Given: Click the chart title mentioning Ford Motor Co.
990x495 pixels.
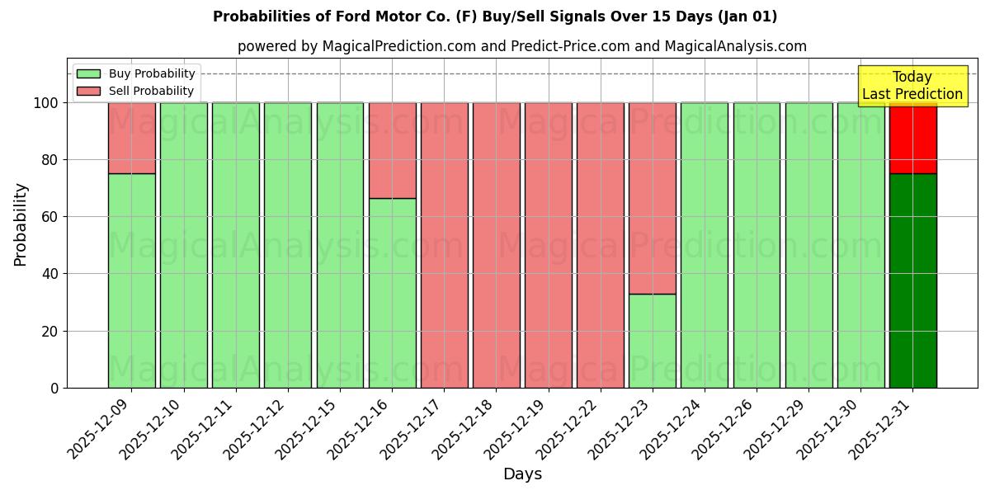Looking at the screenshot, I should click(x=495, y=16).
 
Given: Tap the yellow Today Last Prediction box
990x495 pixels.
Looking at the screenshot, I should click(x=912, y=87).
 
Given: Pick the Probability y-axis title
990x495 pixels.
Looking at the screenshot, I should click(x=21, y=224).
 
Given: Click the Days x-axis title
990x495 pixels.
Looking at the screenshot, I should click(x=522, y=474).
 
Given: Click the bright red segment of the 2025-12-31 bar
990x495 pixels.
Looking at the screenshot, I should click(x=912, y=139).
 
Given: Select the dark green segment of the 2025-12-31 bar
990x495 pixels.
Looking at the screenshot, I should click(x=912, y=280).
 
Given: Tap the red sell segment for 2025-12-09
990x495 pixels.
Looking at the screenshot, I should click(x=132, y=138).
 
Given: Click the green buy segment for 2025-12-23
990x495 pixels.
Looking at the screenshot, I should click(x=653, y=341).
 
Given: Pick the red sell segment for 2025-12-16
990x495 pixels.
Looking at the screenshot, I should click(x=392, y=150).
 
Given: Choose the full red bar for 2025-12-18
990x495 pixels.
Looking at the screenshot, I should click(x=496, y=245).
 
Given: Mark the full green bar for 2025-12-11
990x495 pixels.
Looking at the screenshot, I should click(x=236, y=245).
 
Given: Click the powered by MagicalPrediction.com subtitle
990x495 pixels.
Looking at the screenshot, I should click(x=522, y=47).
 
